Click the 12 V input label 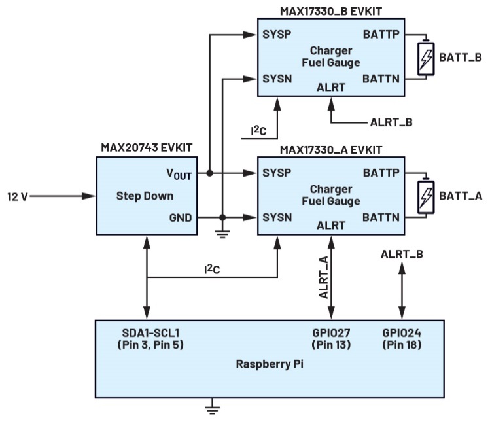click(x=17, y=196)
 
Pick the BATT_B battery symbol click(x=426, y=58)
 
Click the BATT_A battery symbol click(x=426, y=195)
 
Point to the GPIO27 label click(x=333, y=332)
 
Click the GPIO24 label click(x=402, y=332)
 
